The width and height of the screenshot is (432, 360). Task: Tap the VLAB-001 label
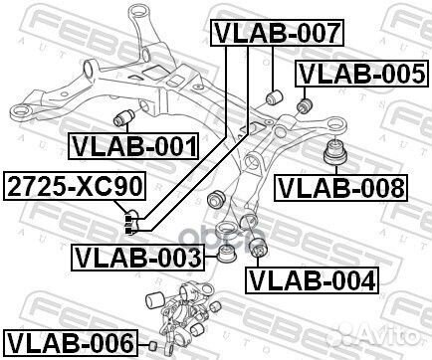(131, 147)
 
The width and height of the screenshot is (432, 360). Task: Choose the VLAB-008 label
(341, 186)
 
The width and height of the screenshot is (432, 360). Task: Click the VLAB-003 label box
(137, 260)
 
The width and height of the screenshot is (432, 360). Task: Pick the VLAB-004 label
(313, 279)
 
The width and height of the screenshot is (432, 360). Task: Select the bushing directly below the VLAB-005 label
(306, 102)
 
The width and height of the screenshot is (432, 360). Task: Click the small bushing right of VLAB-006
(152, 345)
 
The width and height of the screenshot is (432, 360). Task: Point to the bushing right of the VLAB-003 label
(226, 256)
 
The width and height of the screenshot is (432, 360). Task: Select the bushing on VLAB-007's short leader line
(278, 97)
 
